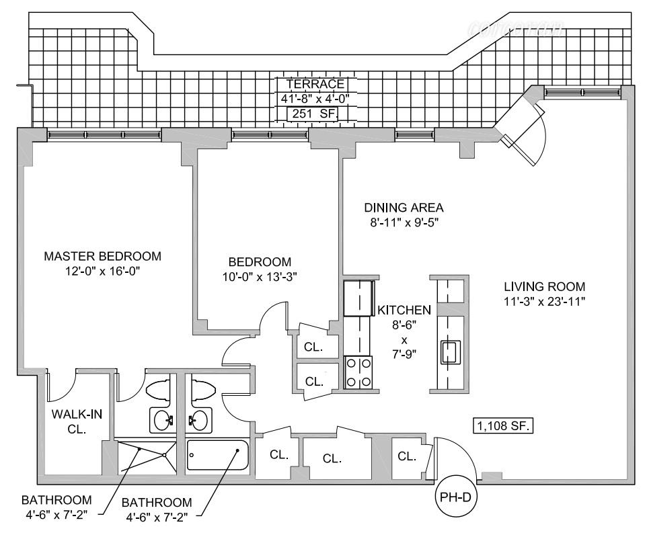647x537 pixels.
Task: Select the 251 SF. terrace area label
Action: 312,114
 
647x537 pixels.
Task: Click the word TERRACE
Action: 315,84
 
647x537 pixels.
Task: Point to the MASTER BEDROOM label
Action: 103,256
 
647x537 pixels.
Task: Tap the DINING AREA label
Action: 404,207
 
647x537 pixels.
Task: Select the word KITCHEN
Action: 404,311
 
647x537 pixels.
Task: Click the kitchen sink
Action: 449,352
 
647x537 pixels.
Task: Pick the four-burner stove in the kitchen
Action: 359,372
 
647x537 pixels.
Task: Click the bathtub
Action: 217,458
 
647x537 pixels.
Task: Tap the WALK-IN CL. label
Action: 77,421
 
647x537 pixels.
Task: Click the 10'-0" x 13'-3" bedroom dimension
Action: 260,276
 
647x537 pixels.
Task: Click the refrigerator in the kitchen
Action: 358,298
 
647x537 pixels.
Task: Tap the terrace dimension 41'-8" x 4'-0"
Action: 315,99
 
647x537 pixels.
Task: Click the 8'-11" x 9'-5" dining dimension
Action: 404,222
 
